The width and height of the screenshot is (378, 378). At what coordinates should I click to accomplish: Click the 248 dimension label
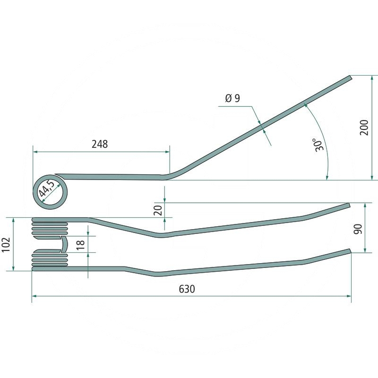(100, 144)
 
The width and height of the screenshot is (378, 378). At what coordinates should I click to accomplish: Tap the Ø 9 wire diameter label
(232, 98)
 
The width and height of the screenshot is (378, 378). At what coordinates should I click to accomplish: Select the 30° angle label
(318, 145)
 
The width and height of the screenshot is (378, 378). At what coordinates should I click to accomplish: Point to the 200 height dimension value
(364, 127)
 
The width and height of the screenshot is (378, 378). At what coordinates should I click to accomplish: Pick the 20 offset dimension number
(158, 210)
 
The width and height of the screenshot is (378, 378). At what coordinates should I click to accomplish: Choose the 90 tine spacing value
(358, 229)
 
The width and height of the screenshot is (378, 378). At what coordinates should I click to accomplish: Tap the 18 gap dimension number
(80, 244)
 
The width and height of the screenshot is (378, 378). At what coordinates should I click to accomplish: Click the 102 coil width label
(6, 244)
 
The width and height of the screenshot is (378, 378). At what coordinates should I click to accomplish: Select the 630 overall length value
(187, 289)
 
